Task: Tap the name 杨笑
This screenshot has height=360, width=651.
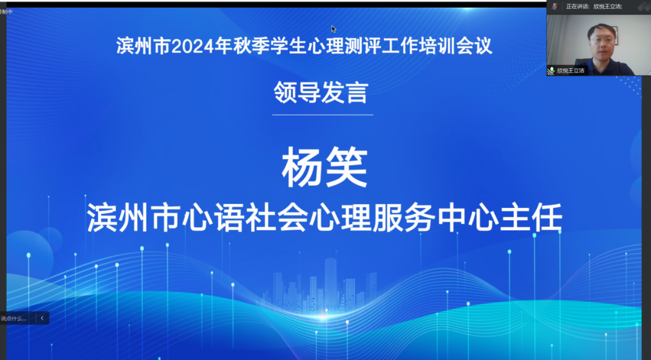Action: pyautogui.click(x=324, y=168)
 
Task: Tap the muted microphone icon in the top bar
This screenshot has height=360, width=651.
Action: pyautogui.click(x=554, y=6)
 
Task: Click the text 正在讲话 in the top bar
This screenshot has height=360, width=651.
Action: pyautogui.click(x=577, y=6)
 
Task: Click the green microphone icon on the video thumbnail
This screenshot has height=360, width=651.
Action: pyautogui.click(x=551, y=71)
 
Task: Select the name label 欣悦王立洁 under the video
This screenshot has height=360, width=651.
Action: pyautogui.click(x=570, y=71)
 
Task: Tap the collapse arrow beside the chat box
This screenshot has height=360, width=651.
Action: pyautogui.click(x=42, y=318)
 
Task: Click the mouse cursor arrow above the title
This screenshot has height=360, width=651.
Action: pyautogui.click(x=333, y=28)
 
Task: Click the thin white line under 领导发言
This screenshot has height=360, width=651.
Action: pyautogui.click(x=322, y=115)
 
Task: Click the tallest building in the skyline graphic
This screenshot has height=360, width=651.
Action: pyautogui.click(x=330, y=283)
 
